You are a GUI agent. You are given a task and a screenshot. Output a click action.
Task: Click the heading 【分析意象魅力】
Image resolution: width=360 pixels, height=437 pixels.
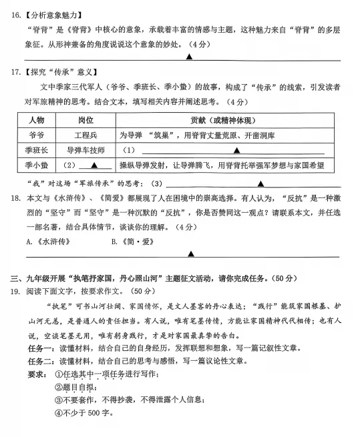point(54,12)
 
